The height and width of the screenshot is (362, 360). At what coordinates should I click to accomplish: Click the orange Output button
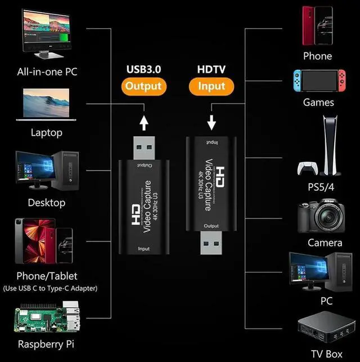143,86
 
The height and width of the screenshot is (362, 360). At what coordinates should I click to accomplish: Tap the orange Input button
211,86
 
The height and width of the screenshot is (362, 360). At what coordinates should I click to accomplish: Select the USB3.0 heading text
143,69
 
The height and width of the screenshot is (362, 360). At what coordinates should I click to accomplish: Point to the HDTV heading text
211,69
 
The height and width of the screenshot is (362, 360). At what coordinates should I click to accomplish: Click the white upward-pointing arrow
144,122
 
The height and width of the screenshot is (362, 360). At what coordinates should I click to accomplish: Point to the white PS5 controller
307,169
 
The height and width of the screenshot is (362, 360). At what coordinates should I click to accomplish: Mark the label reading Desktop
46,203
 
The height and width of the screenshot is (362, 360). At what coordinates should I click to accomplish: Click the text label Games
318,102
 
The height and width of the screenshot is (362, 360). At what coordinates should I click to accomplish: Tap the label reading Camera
325,243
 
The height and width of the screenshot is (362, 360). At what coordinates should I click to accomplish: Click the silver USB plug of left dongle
144,147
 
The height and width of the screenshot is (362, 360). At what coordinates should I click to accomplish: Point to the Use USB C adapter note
49,288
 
